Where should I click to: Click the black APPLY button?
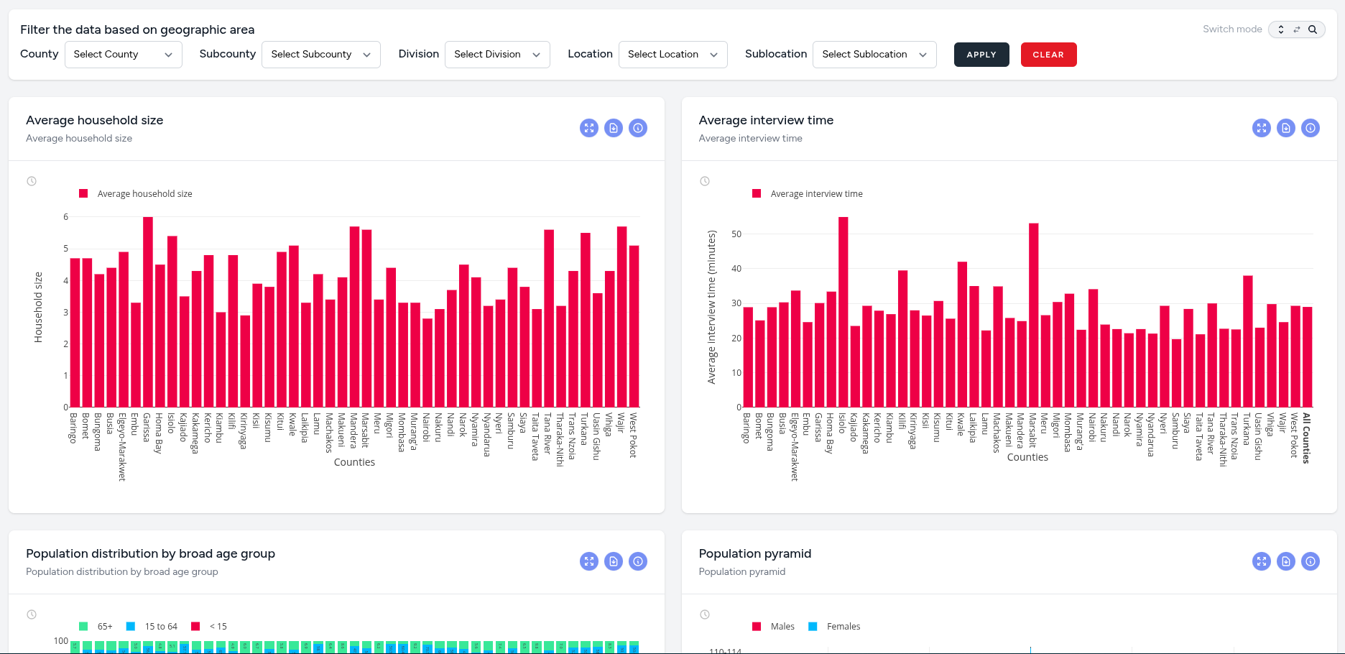[x=981, y=55]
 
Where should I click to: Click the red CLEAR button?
[x=1048, y=55]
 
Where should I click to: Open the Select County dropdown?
[x=123, y=55]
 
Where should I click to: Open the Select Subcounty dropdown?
[x=320, y=55]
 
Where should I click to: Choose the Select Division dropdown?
[x=496, y=55]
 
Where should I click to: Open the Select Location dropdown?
[x=672, y=55]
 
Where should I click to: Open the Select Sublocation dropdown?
[x=874, y=55]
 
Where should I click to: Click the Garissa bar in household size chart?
[x=148, y=313]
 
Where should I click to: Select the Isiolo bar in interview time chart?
[x=843, y=313]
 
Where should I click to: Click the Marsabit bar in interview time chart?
[x=1033, y=316]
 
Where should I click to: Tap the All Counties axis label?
[x=1306, y=438]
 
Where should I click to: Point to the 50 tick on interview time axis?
[x=736, y=234]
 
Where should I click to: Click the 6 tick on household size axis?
[x=66, y=217]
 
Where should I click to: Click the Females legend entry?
[x=843, y=627]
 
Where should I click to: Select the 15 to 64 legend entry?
[x=160, y=627]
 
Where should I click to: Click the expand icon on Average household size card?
[x=588, y=128]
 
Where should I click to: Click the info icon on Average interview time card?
[x=1310, y=128]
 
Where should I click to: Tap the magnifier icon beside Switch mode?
[x=1312, y=29]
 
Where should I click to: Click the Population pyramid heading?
[x=754, y=553]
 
